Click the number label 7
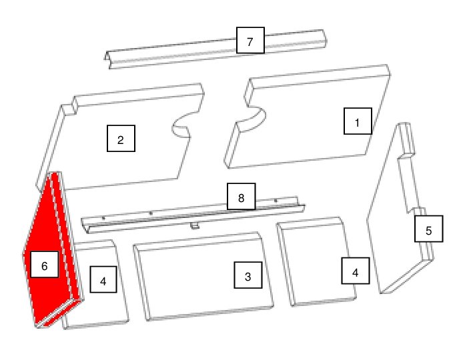pos(250,40)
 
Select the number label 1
pos(358,121)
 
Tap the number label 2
pos(121,139)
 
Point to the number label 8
pos(241,197)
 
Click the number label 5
pos(428,229)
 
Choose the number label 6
pos(45,264)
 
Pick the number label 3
pos(248,275)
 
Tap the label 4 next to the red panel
pos(103,279)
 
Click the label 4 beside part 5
pos(356,271)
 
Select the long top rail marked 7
pos(215,49)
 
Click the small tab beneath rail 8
pos(195,226)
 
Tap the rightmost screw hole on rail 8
pos(276,201)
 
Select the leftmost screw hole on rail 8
pos(103,219)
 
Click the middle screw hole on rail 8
pos(151,213)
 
